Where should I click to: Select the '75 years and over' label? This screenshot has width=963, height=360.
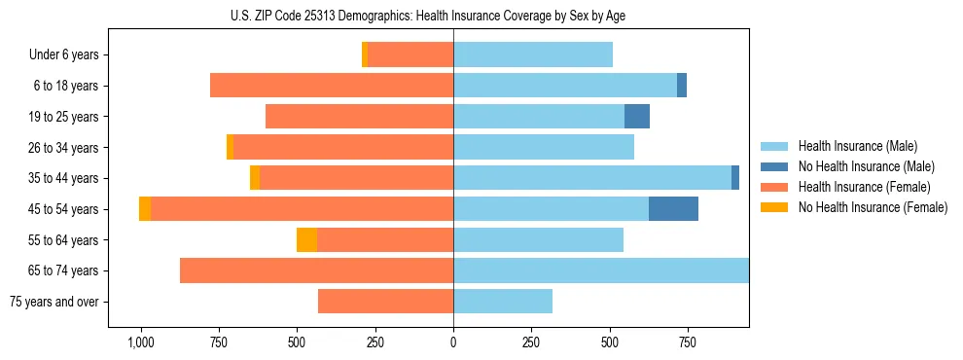(x=54, y=302)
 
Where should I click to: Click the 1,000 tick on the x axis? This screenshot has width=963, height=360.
(x=140, y=343)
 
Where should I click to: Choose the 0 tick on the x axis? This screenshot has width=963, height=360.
(x=453, y=343)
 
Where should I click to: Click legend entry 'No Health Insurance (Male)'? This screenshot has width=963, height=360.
(x=866, y=166)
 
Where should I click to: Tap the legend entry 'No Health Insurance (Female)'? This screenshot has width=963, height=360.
(x=873, y=207)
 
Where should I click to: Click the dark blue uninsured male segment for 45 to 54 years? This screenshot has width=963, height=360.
(x=673, y=209)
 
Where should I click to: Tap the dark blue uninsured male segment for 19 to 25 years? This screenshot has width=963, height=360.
(x=637, y=117)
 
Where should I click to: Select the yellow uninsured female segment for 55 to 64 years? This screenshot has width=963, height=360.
(x=306, y=240)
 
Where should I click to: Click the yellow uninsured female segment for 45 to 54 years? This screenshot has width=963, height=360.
(x=145, y=209)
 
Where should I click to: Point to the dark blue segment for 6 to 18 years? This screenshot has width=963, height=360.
(x=682, y=86)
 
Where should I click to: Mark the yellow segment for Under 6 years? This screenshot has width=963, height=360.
(x=365, y=55)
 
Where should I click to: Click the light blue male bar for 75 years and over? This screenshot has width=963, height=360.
(x=503, y=302)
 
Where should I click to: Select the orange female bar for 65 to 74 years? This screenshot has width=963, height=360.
(x=316, y=270)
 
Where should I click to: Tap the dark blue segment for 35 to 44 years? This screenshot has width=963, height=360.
(x=735, y=178)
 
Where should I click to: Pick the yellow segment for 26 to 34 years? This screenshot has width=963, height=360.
(x=230, y=148)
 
